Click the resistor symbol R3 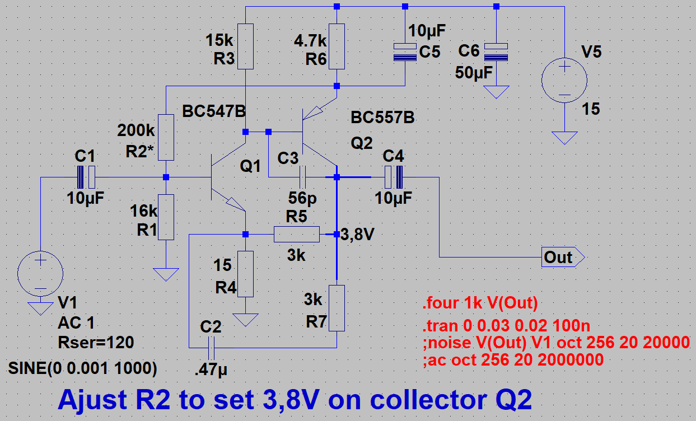coord(245,46)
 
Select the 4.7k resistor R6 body coord(337,46)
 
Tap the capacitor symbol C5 coord(405,52)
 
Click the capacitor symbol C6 coord(496,52)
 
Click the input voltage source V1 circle coord(40,274)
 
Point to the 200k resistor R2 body coord(166,137)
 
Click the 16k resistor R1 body coord(166,217)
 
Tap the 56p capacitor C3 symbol coord(302,177)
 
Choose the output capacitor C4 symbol coord(393,177)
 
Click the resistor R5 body coord(296,234)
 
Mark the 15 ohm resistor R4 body coord(245,274)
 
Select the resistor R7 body coord(337,307)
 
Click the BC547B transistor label coord(214,111)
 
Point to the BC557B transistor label coord(383,118)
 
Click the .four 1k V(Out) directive coord(480,304)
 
